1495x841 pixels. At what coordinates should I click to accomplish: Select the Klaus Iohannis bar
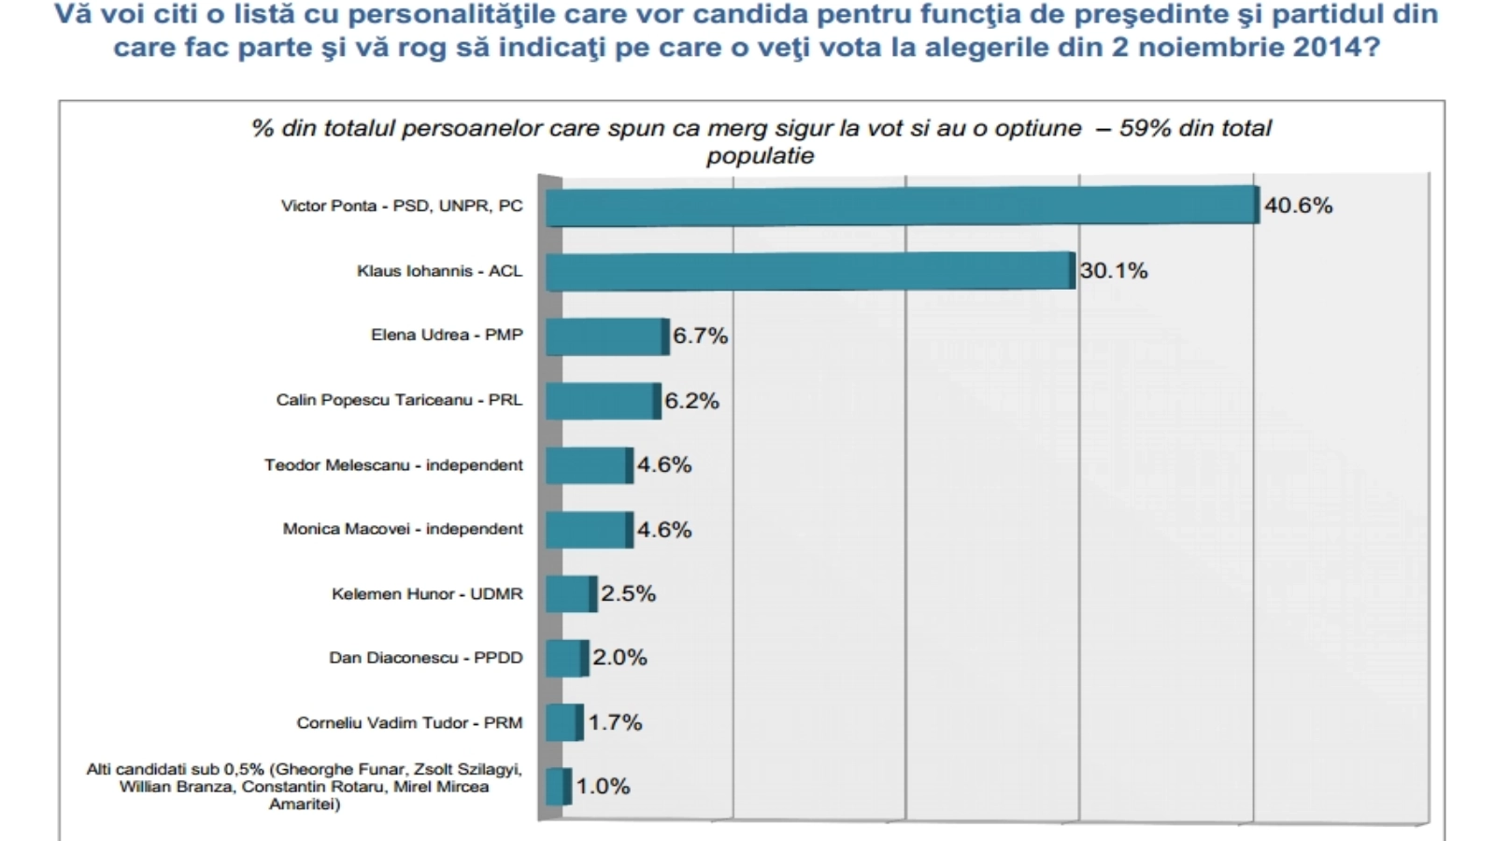point(809,271)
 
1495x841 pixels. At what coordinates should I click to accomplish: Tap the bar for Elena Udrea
point(606,336)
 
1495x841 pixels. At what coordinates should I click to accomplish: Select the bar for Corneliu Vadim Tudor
point(563,722)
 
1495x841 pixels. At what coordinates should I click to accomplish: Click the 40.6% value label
point(1298,206)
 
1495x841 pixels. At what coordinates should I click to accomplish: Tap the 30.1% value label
point(1114,271)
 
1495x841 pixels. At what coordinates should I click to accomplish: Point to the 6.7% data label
point(700,335)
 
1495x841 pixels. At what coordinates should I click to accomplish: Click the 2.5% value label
point(628,594)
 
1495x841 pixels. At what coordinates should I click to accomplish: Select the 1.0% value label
point(603,787)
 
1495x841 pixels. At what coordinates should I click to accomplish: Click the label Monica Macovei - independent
point(403,529)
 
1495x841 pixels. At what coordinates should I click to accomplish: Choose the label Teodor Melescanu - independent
point(393,465)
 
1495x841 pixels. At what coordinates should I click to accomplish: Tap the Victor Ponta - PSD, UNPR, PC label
point(402,206)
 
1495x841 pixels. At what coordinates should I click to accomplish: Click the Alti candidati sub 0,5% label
point(305,786)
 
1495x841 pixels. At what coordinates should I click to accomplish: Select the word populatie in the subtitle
point(760,156)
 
